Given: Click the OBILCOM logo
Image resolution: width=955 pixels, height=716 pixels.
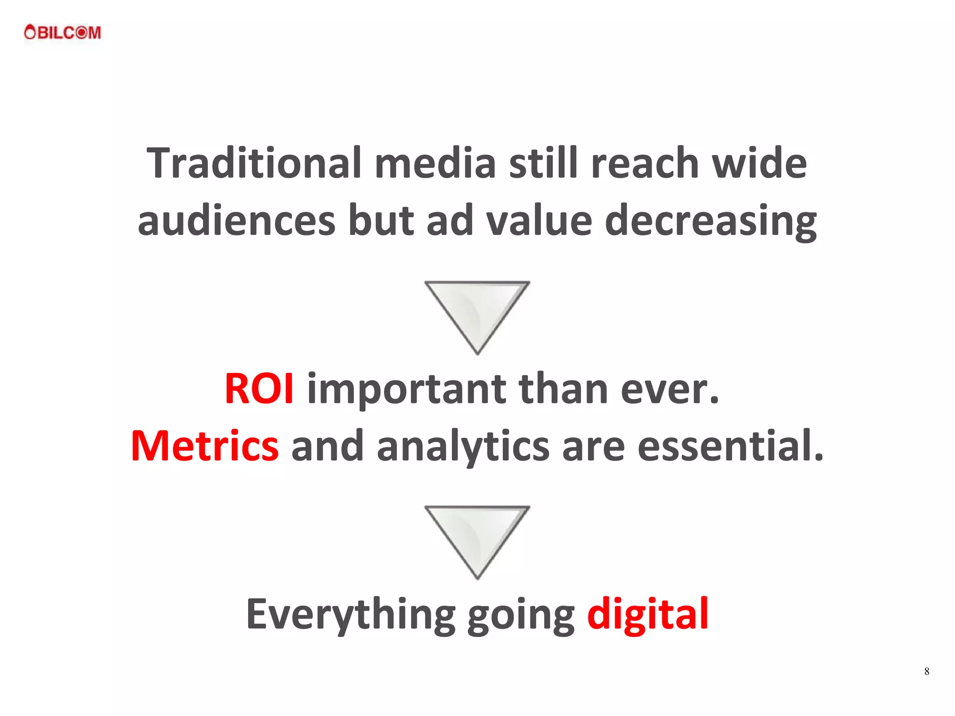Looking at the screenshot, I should tap(62, 33).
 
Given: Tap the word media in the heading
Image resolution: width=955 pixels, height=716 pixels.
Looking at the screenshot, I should tap(435, 163).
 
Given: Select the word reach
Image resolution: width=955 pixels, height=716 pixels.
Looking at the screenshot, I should tap(645, 163).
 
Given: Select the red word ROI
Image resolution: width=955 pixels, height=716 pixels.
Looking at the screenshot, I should tap(259, 389).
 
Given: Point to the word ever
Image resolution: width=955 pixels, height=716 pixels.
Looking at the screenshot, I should tap(670, 389).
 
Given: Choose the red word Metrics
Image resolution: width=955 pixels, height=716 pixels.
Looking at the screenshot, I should tap(205, 446).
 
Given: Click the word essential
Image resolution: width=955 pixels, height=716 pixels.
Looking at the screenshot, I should tap(730, 446).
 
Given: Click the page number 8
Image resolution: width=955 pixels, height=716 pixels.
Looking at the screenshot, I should tap(927, 671).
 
